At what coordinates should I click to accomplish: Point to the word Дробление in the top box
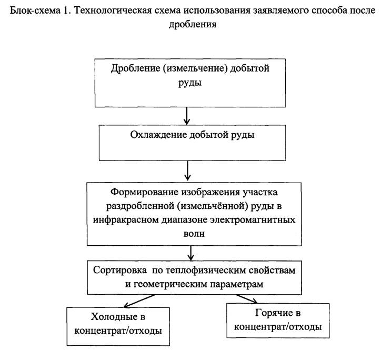[x=135, y=68]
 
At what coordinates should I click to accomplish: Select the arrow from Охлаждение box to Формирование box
[x=187, y=170]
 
